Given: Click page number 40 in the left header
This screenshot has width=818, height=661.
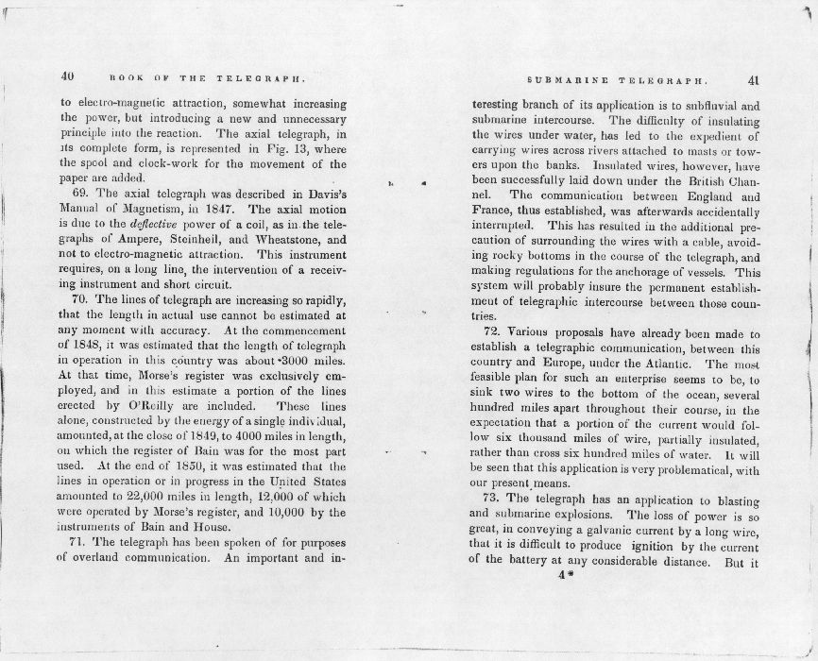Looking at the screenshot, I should pos(67,76).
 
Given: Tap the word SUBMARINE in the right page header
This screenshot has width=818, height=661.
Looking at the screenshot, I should pos(566,81).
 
